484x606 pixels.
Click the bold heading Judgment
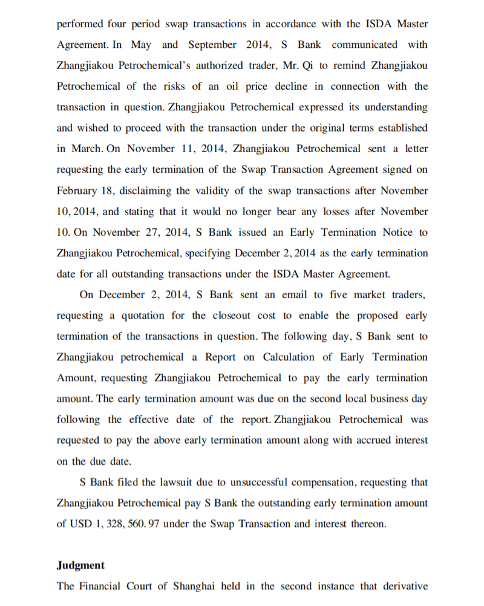(80, 565)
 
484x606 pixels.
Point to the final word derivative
(405, 586)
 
